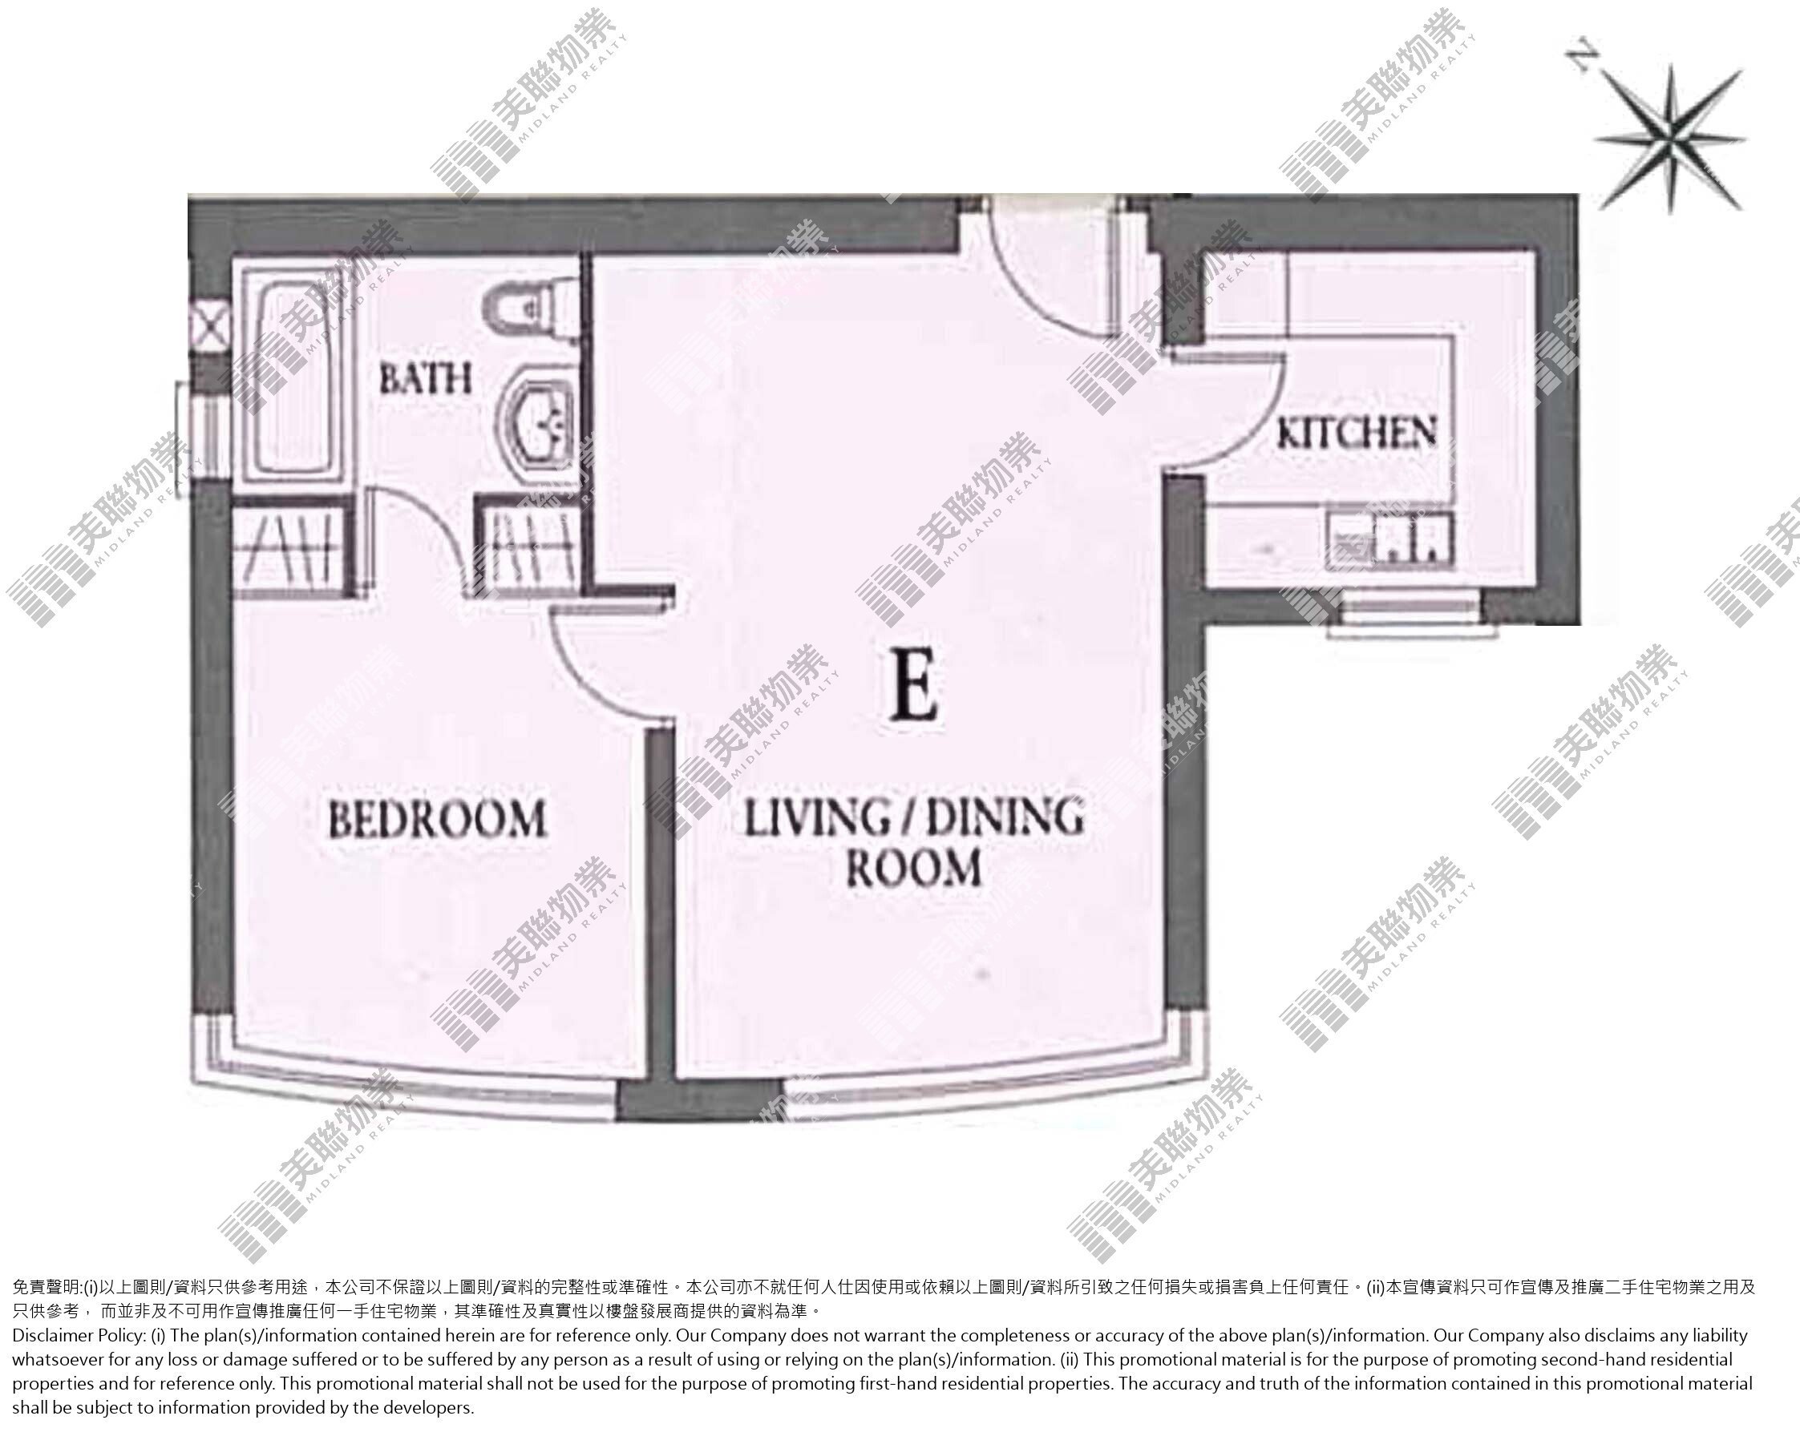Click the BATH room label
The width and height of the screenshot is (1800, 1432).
point(425,379)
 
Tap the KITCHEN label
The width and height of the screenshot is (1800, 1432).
point(1357,433)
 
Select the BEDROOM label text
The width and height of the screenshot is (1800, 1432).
point(438,819)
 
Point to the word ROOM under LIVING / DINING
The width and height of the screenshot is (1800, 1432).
point(913,869)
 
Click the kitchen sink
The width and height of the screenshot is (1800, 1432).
point(1389,540)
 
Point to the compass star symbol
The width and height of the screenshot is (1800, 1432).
point(1670,139)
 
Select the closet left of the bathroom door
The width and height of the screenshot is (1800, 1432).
point(292,547)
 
